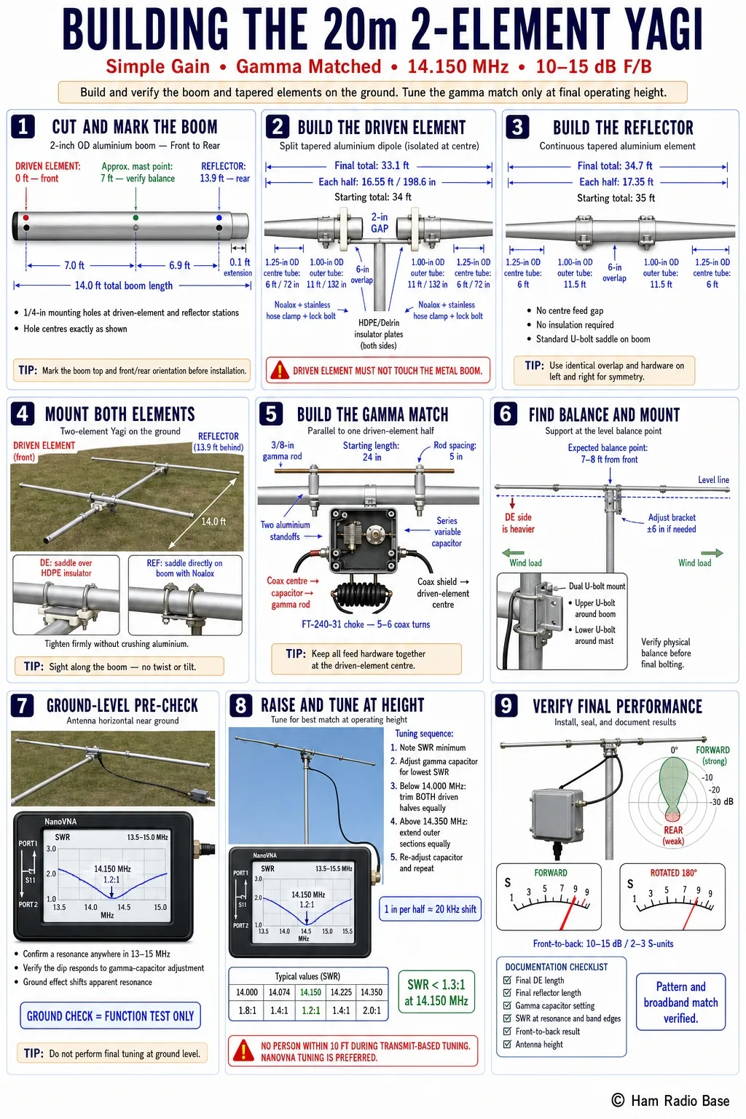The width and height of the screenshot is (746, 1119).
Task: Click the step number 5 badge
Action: [271, 414]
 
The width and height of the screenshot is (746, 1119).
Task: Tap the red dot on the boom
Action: [26, 218]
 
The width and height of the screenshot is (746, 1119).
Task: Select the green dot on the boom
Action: [136, 218]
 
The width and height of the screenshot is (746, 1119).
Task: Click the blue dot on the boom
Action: [219, 218]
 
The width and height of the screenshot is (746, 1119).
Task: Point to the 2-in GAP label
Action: [380, 222]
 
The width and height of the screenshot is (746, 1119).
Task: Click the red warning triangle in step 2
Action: [280, 370]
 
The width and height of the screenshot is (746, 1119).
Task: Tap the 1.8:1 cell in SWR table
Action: [247, 1010]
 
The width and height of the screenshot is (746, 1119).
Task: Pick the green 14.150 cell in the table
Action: [310, 992]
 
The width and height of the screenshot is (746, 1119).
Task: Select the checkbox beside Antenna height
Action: [507, 1044]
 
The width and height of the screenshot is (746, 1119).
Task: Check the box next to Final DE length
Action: [507, 980]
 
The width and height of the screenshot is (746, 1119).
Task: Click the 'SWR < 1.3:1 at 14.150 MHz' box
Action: [436, 992]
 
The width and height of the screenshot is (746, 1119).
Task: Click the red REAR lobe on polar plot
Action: [672, 816]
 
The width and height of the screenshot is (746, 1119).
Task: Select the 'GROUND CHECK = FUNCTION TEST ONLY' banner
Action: [111, 1016]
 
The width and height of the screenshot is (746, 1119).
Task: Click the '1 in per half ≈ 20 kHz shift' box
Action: [431, 908]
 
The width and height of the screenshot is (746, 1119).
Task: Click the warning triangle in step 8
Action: [243, 1051]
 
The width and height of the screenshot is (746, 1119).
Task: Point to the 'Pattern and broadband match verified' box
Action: [680, 1002]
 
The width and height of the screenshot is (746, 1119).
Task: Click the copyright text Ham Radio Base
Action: [670, 1101]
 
